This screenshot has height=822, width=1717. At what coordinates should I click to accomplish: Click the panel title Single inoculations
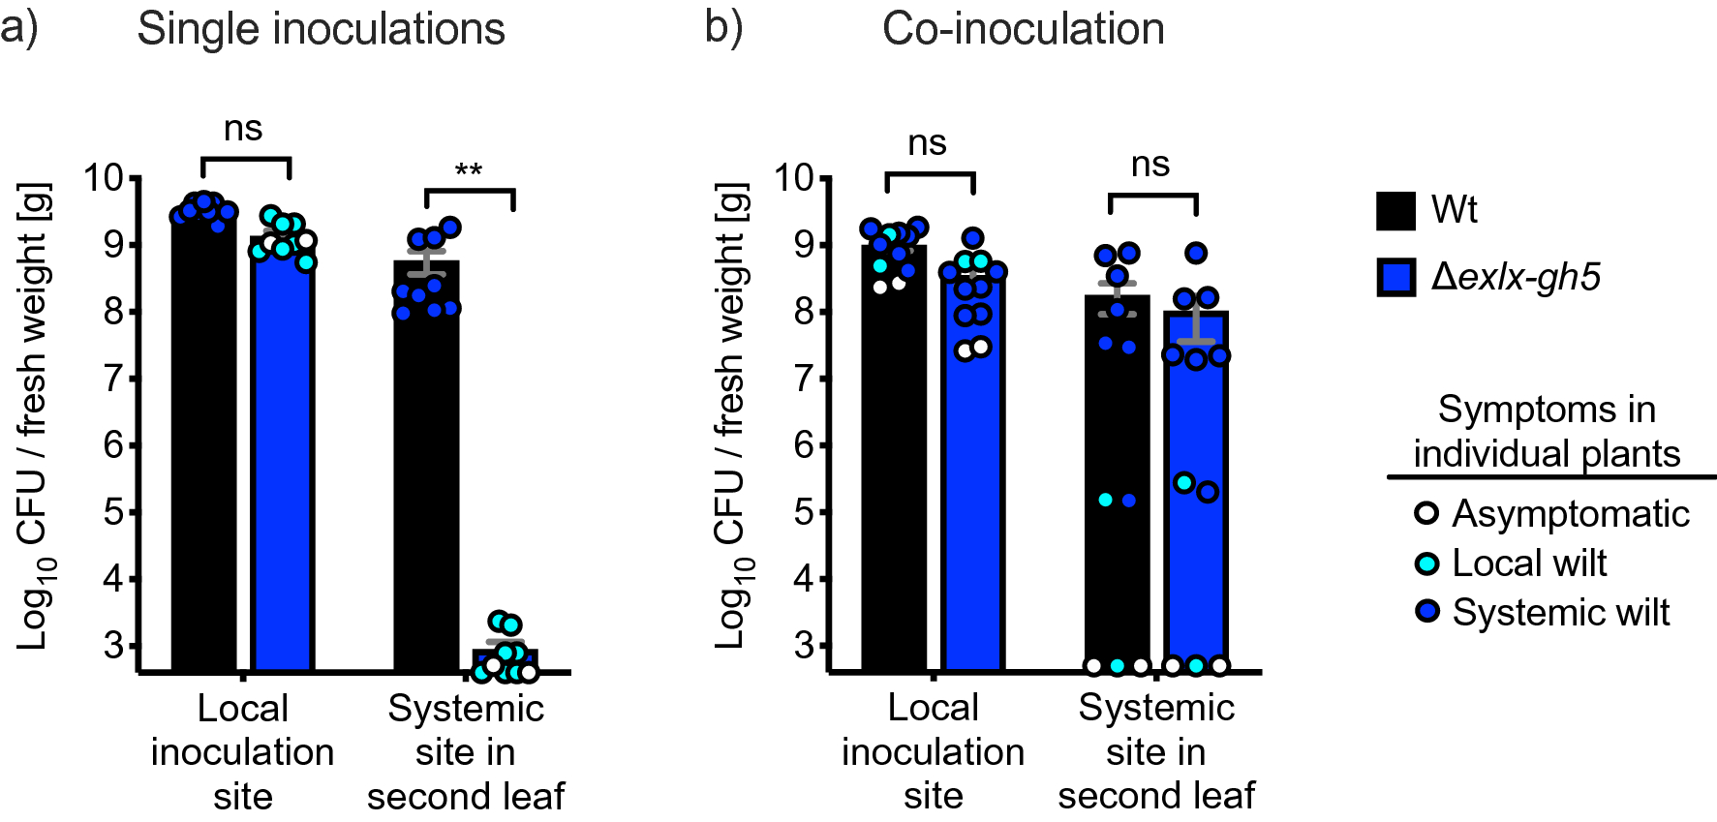[x=321, y=29]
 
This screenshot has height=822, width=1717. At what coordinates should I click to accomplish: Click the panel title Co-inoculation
[x=1023, y=29]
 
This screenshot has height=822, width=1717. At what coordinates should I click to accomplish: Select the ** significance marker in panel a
[x=469, y=171]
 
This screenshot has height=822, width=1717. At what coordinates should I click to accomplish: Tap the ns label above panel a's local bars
[x=243, y=129]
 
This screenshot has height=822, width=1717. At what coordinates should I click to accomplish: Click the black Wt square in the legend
[x=1395, y=210]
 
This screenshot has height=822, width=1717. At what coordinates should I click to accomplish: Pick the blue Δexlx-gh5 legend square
[x=1395, y=277]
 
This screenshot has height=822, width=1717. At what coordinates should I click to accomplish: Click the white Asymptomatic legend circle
[x=1426, y=513]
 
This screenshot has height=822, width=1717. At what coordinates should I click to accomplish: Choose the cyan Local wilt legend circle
[x=1426, y=563]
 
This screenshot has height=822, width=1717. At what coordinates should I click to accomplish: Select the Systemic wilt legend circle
[x=1426, y=612]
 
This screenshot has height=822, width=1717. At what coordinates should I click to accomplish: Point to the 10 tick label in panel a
[x=104, y=178]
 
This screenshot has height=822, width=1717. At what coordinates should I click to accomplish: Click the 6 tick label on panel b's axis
[x=803, y=445]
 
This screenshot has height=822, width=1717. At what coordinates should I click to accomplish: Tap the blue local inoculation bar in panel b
[x=971, y=484]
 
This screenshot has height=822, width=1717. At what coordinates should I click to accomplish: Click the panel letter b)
[x=723, y=27]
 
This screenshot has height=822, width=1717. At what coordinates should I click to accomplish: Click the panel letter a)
[x=19, y=27]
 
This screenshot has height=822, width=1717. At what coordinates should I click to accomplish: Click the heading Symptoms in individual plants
[x=1547, y=431]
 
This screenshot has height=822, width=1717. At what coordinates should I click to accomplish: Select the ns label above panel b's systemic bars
[x=1150, y=165]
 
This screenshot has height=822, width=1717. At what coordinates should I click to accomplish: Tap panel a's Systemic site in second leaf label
[x=466, y=752]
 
